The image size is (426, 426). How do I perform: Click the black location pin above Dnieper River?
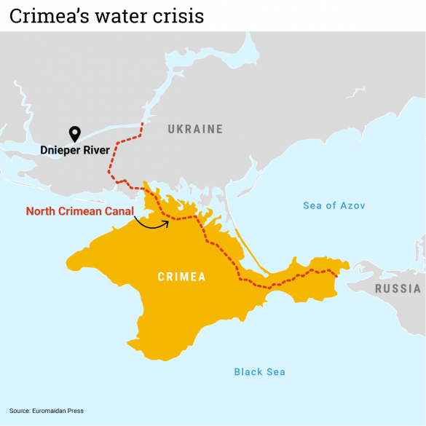74,133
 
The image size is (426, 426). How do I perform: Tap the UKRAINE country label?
195,130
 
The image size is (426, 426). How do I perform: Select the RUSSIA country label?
398,288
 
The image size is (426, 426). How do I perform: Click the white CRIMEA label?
182,277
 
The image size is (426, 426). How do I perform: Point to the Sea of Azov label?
334,205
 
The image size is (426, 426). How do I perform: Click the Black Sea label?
259,372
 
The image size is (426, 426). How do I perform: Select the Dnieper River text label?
76,151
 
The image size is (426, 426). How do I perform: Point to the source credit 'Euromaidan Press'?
58,411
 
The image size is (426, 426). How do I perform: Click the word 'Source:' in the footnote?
20,411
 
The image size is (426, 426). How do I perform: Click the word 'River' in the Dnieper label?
96,151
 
